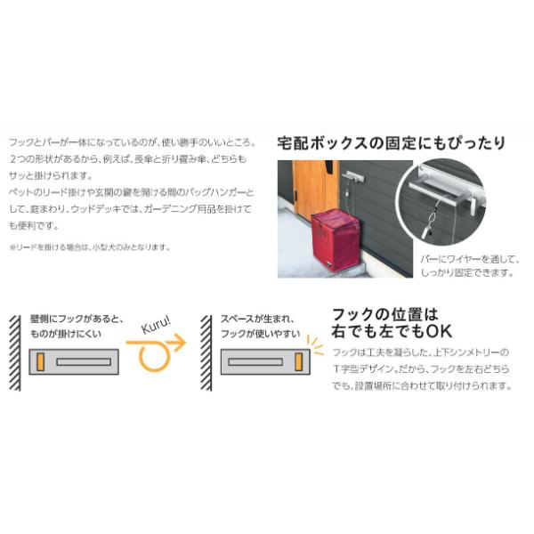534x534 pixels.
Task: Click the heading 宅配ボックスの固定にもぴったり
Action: (392, 142)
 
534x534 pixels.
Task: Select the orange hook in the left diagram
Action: (41, 361)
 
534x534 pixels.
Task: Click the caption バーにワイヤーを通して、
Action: (469, 259)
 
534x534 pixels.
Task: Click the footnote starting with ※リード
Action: (89, 247)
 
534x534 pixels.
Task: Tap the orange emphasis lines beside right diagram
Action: (315, 344)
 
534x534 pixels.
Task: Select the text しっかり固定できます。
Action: (468, 272)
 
